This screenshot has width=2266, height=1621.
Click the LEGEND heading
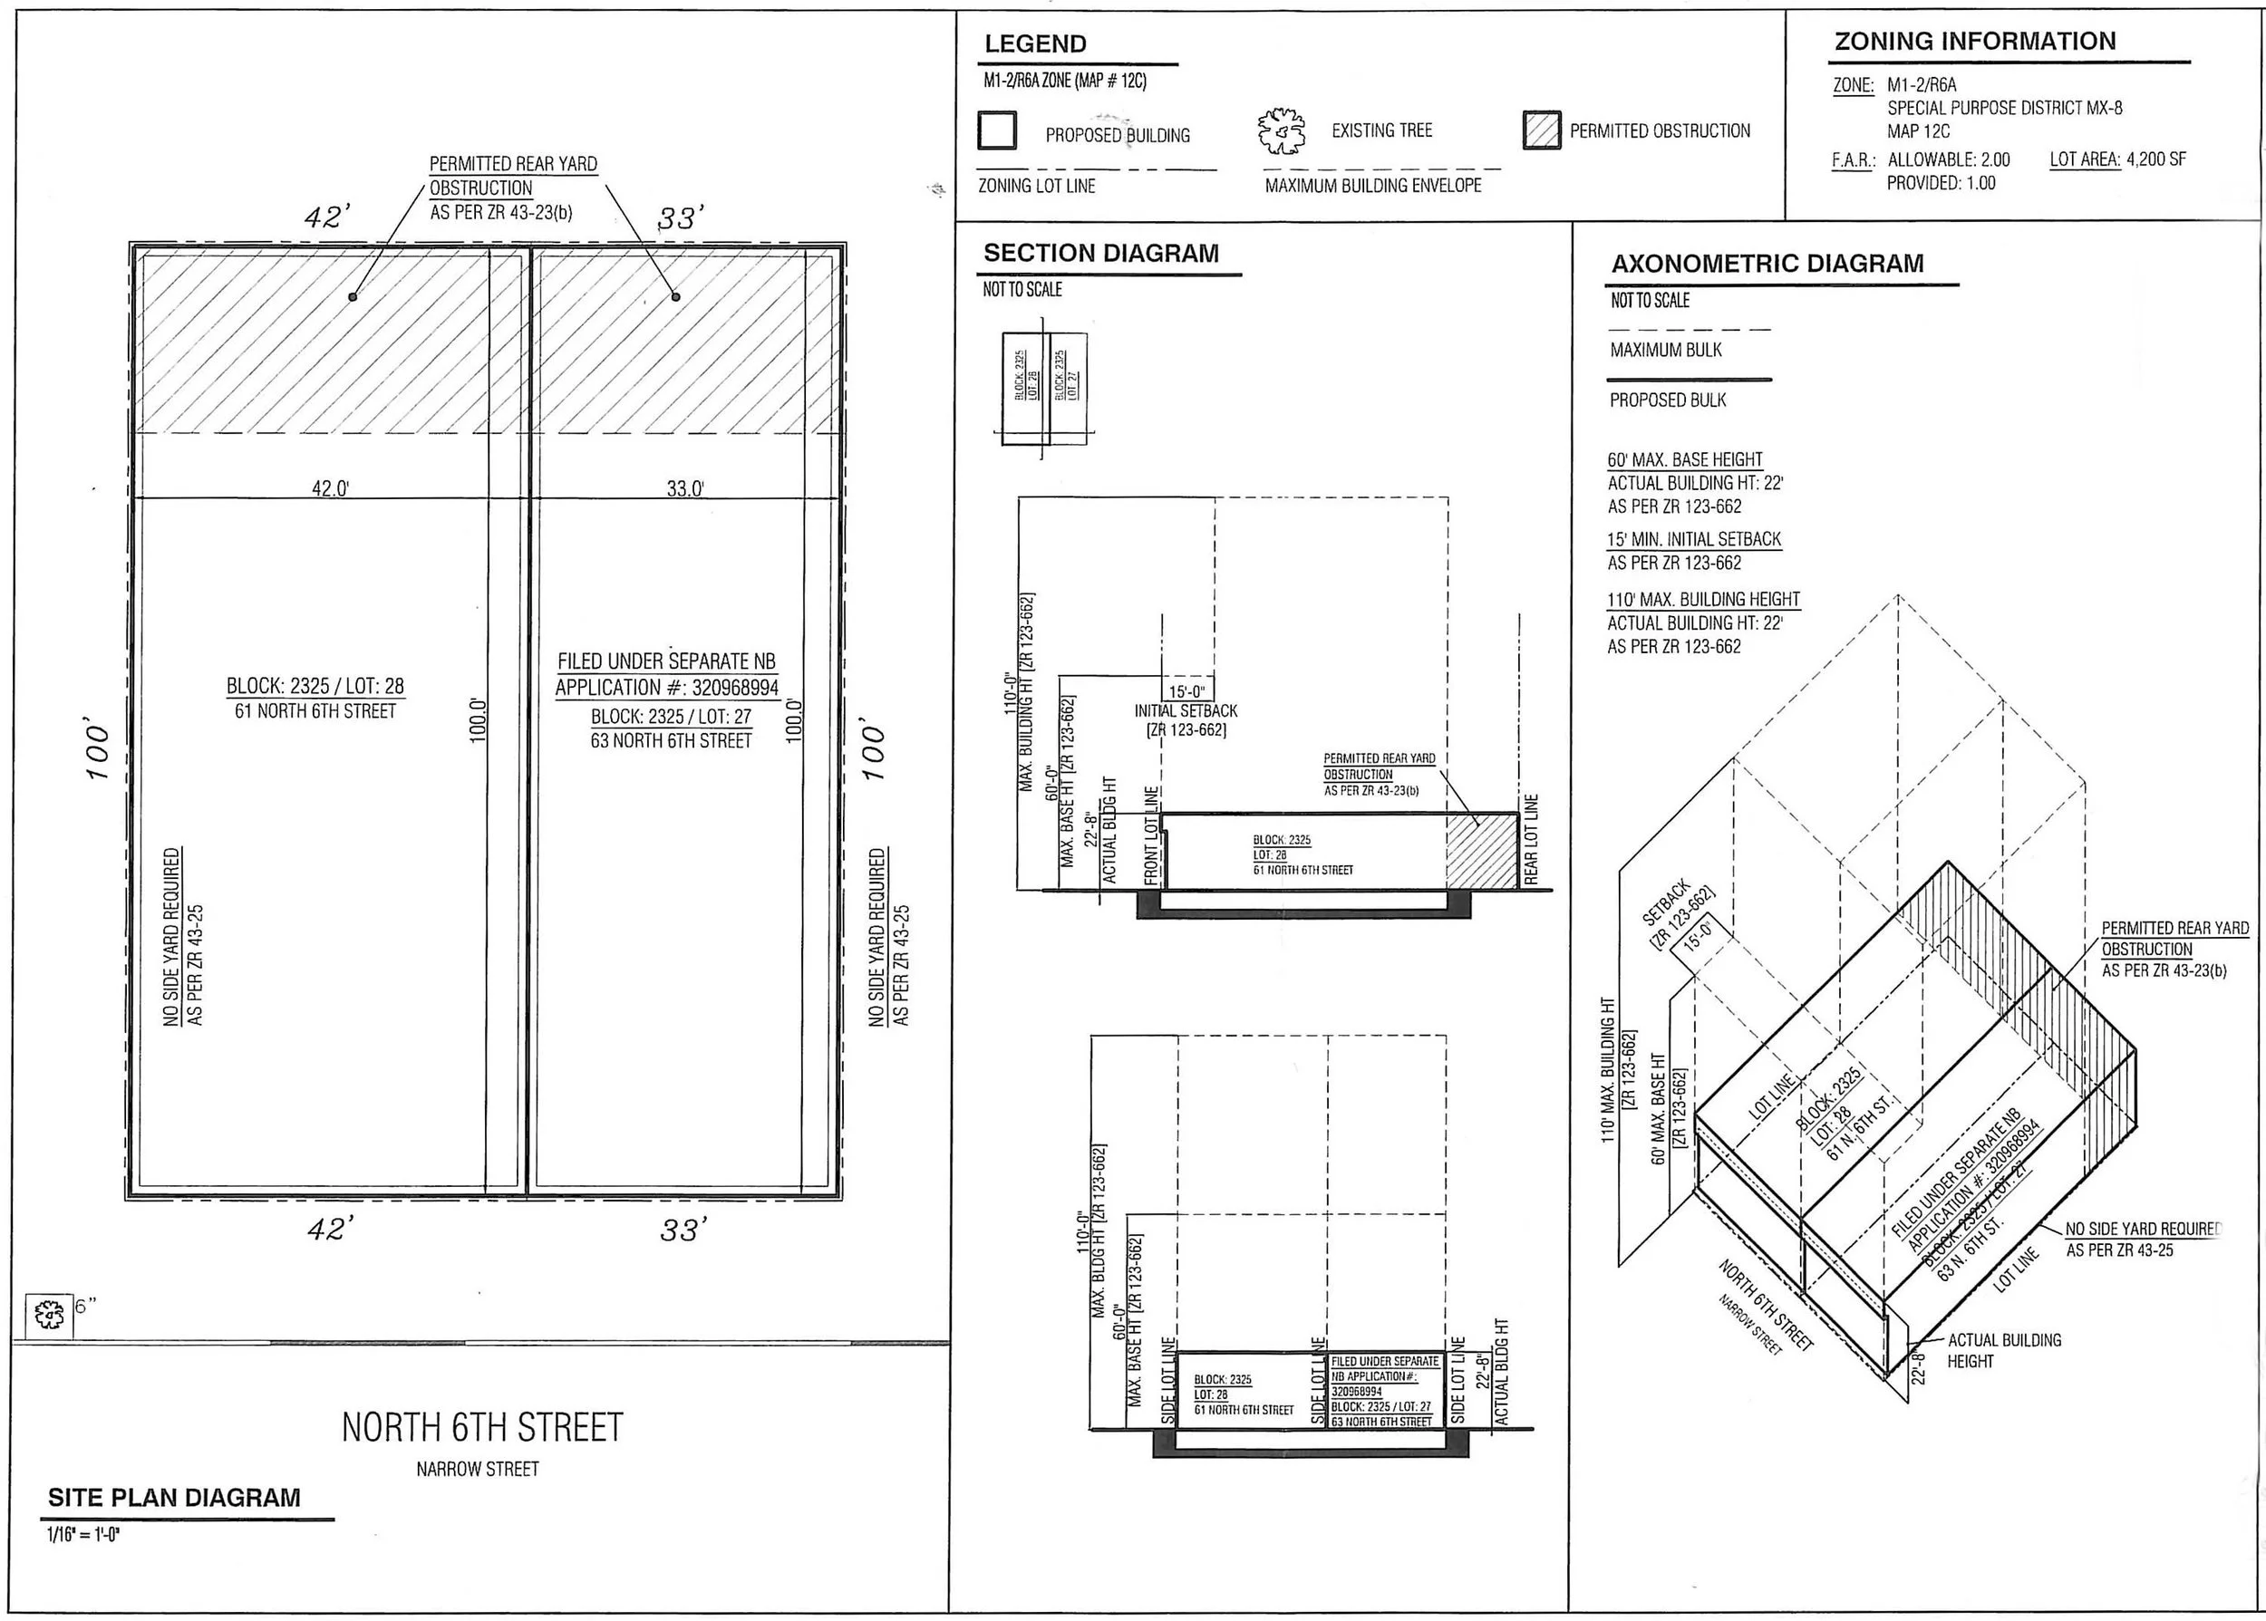(x=1034, y=43)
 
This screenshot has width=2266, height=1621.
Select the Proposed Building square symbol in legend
(x=997, y=130)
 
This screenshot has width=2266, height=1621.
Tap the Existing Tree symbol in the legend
(x=1281, y=131)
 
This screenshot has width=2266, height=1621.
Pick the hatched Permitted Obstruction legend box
(x=1541, y=130)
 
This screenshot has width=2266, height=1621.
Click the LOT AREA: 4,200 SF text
(x=2117, y=159)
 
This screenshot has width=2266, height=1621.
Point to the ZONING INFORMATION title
(x=1974, y=41)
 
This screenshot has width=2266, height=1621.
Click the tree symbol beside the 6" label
(x=48, y=1315)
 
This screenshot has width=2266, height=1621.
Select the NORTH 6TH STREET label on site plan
(x=482, y=1427)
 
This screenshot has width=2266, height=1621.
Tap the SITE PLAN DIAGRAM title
(x=174, y=1497)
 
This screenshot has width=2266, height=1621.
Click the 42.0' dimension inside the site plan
(x=331, y=488)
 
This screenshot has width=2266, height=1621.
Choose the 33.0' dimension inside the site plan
(x=685, y=488)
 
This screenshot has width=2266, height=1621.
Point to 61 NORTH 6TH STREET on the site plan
(x=315, y=711)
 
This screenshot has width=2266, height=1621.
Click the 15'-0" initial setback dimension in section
(x=1186, y=691)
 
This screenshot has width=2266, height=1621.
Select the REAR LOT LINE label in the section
(x=1531, y=839)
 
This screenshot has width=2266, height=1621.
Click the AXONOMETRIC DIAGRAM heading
(x=1767, y=264)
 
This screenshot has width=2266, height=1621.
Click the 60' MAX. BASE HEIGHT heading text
(x=1684, y=460)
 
